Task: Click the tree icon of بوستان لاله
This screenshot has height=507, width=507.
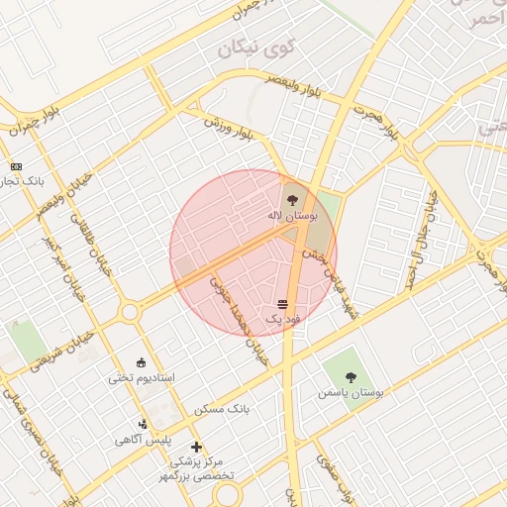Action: [x=290, y=200]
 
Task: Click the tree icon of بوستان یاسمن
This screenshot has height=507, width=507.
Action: [x=351, y=376]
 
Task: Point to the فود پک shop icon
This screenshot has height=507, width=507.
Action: [x=283, y=303]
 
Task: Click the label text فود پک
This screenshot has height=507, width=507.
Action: [x=283, y=319]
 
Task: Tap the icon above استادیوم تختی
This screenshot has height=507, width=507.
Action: [x=141, y=362]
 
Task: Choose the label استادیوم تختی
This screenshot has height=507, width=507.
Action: [x=142, y=377]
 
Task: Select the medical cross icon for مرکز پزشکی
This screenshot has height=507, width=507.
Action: [x=196, y=447]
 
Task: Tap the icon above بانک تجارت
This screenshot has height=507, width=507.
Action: [x=16, y=166]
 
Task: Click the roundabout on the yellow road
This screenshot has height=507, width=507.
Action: [x=130, y=313]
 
